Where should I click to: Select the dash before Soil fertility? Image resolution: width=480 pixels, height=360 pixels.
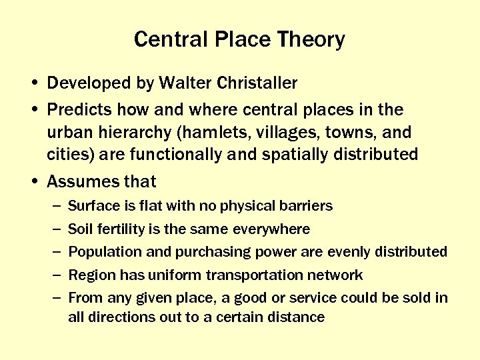coord(54,229)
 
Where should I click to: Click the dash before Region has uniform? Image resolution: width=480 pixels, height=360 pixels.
coord(54,275)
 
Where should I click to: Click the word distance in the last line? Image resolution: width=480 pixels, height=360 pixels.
coord(297,317)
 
